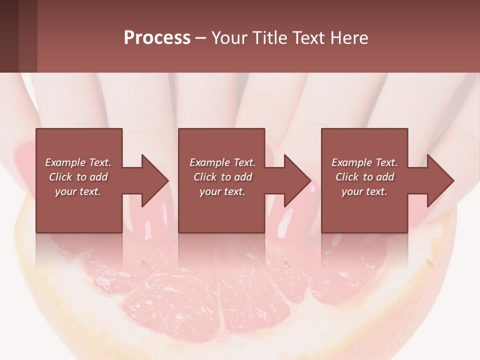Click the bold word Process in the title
[x=157, y=38]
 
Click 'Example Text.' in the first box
[x=78, y=162]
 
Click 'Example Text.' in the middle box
[x=222, y=162]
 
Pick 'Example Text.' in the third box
[x=364, y=162]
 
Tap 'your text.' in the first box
[x=78, y=191]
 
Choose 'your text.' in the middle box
[x=222, y=191]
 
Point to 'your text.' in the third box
[x=364, y=191]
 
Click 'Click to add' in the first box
[x=78, y=177]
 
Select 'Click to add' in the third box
[x=364, y=177]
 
